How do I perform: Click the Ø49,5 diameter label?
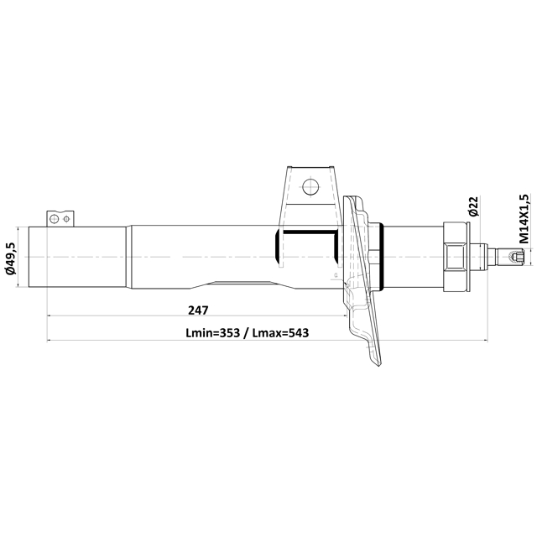11,258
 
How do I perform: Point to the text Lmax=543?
279,333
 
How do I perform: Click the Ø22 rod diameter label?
473,207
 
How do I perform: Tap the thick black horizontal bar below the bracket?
309,230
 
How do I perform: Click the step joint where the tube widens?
128,257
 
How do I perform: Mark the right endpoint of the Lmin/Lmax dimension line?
487,341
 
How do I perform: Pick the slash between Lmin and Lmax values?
248,333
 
